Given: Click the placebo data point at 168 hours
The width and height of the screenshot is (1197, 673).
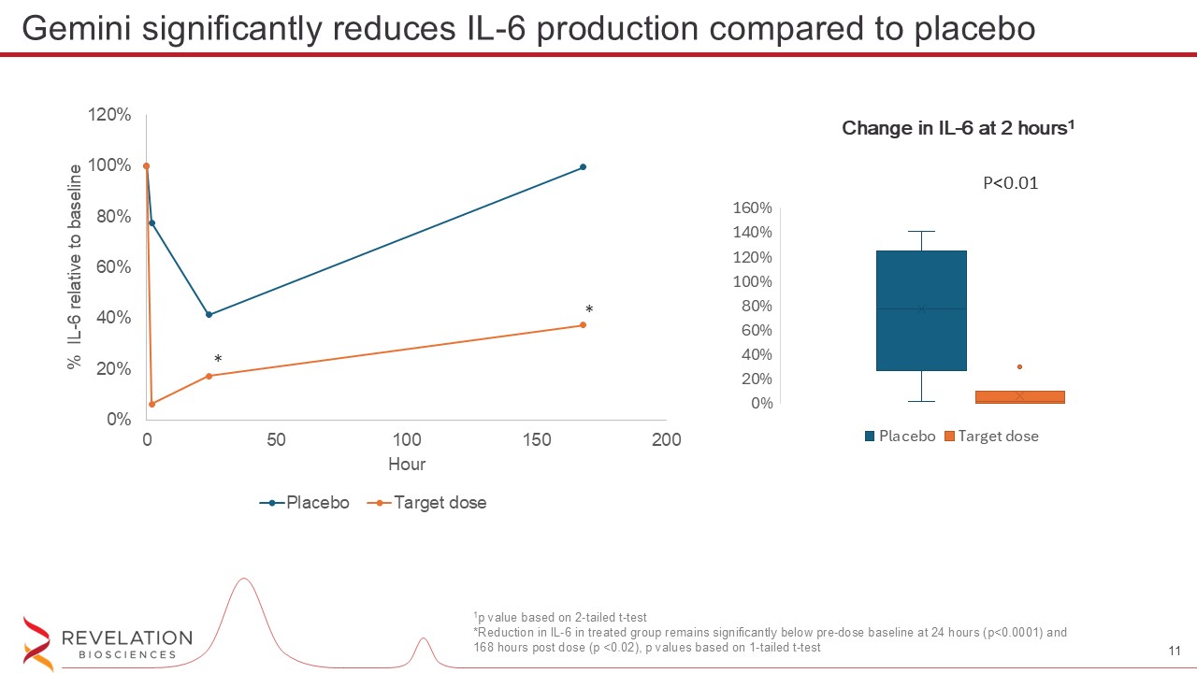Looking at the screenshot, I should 583,167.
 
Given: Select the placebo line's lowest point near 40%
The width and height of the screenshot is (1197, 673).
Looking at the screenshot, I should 209,314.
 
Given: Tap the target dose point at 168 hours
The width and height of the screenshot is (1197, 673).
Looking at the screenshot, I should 583,325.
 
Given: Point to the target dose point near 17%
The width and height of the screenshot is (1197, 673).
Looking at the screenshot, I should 209,376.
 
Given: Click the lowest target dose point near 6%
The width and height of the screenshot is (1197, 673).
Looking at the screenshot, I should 151,404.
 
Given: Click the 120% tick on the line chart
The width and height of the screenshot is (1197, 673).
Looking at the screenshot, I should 109,115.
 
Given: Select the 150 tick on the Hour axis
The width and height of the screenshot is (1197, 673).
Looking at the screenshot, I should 536,440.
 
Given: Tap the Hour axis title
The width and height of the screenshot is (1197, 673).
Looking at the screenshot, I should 406,465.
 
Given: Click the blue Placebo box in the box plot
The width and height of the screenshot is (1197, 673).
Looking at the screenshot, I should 921,310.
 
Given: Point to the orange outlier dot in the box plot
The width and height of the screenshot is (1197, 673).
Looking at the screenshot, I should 1019,366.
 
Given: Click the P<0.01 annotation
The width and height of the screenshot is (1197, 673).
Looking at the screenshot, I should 1010,183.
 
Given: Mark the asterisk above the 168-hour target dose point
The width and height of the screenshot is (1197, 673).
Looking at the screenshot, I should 589,309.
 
